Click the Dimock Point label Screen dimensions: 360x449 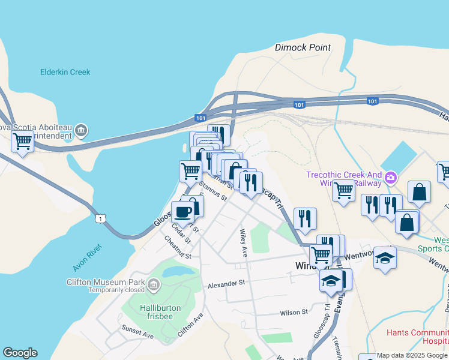click(303, 47)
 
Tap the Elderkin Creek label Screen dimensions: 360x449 click(65, 72)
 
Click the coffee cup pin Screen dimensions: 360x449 click(182, 212)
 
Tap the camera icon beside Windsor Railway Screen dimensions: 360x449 click(391, 177)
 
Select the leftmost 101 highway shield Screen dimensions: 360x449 click(200, 118)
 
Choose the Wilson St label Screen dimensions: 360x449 click(294, 312)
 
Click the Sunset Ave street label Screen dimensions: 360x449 click(137, 332)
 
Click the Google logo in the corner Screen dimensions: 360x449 click(20, 353)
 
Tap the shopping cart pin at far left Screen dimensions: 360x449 click(22, 142)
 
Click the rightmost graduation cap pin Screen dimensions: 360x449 click(385, 257)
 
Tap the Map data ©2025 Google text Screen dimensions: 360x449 click(412, 355)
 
